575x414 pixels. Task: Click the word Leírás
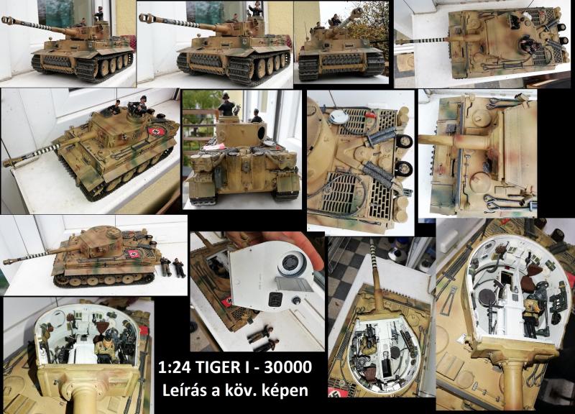(185, 390)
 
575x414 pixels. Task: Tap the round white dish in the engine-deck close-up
(339, 116)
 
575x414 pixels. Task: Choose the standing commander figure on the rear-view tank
(227, 103)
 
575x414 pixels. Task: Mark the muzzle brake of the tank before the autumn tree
(356, 13)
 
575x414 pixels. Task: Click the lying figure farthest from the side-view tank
(179, 267)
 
